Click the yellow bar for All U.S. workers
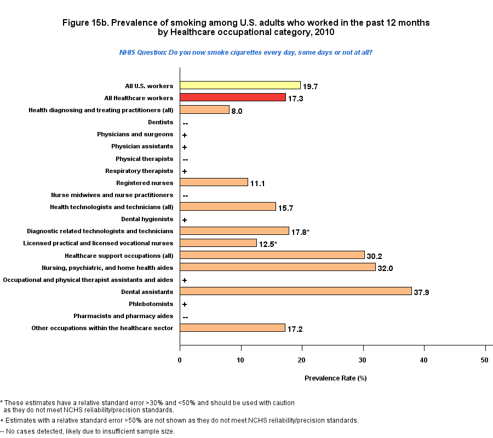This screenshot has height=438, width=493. point(240,85)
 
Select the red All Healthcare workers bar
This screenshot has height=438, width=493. point(233,97)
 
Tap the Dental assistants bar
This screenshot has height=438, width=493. point(295,291)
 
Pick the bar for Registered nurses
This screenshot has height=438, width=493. point(214,182)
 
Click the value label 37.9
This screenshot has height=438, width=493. point(421,292)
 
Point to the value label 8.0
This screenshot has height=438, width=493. point(237,111)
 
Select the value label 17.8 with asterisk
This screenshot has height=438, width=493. point(300,232)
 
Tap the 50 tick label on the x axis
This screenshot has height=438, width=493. point(485,359)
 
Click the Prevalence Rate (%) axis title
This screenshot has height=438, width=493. point(335,378)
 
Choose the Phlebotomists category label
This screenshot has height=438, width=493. point(151,304)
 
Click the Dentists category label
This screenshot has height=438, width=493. point(160,122)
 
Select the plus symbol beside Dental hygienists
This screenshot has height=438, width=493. point(185,220)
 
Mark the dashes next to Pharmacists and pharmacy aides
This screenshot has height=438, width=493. point(185,316)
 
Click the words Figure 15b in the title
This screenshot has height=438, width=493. point(94,23)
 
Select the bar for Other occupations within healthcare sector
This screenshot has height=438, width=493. point(232,327)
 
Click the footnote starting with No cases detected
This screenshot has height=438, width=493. point(88,431)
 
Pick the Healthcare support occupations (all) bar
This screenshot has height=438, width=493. point(272,255)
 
